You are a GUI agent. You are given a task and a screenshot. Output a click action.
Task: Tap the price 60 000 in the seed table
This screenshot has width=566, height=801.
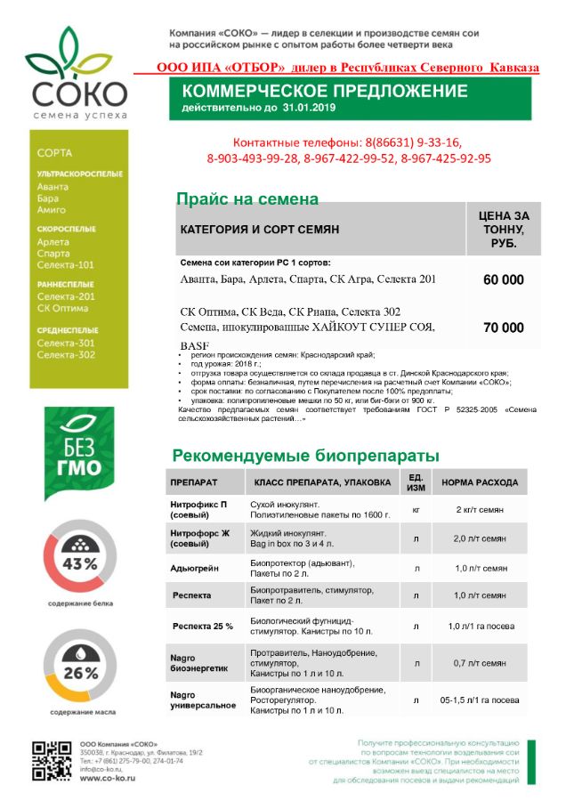pos(503,279)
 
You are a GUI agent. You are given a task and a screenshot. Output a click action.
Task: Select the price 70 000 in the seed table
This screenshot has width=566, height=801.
pos(503,328)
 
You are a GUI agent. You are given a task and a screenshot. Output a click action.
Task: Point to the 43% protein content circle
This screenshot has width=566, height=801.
pos(79,563)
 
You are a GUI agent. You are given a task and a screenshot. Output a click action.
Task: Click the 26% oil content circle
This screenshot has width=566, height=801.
pos(79,672)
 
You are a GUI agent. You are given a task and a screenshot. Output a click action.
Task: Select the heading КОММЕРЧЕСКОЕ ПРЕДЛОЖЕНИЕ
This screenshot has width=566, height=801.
pos(324,92)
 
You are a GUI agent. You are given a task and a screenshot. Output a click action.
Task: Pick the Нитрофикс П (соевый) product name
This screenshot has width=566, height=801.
pos(198,510)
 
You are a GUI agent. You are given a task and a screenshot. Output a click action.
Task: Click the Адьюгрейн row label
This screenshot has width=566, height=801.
pos(194,568)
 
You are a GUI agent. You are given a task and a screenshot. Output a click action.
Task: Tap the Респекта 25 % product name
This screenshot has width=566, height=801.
pos(203,627)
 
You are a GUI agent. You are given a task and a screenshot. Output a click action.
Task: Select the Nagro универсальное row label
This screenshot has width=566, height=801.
pos(203,699)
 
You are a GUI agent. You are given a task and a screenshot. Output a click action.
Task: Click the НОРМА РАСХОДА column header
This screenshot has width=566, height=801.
pos(480,482)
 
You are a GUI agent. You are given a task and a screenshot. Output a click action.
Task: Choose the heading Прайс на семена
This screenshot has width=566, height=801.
pos(247,199)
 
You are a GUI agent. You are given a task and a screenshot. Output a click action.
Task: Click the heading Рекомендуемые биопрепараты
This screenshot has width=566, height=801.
pos(305,456)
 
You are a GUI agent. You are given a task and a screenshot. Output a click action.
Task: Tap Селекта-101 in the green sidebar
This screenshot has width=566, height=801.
pos(66,265)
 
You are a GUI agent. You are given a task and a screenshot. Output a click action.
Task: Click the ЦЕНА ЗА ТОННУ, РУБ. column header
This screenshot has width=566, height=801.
pos(503,229)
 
